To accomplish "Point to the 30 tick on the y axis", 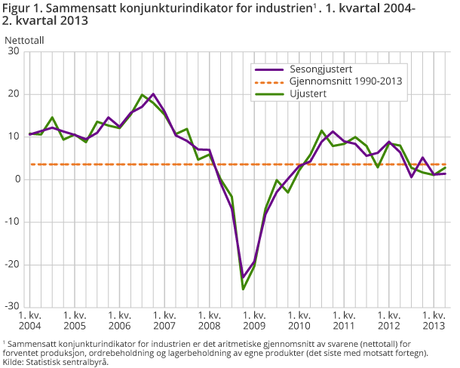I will [x=14, y=51].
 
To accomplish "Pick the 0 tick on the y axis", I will [x=17, y=179].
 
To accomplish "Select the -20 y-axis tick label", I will [x=12, y=265].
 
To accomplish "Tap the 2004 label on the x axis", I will [x=29, y=326].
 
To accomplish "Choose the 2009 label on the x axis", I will [x=253, y=326].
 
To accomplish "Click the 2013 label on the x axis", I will [x=432, y=326].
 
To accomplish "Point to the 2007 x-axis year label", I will [x=164, y=326].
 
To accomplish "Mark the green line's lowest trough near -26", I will [x=243, y=289].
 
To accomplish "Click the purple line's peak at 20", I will [x=153, y=94].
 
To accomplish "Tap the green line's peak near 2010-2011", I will [x=322, y=131].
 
